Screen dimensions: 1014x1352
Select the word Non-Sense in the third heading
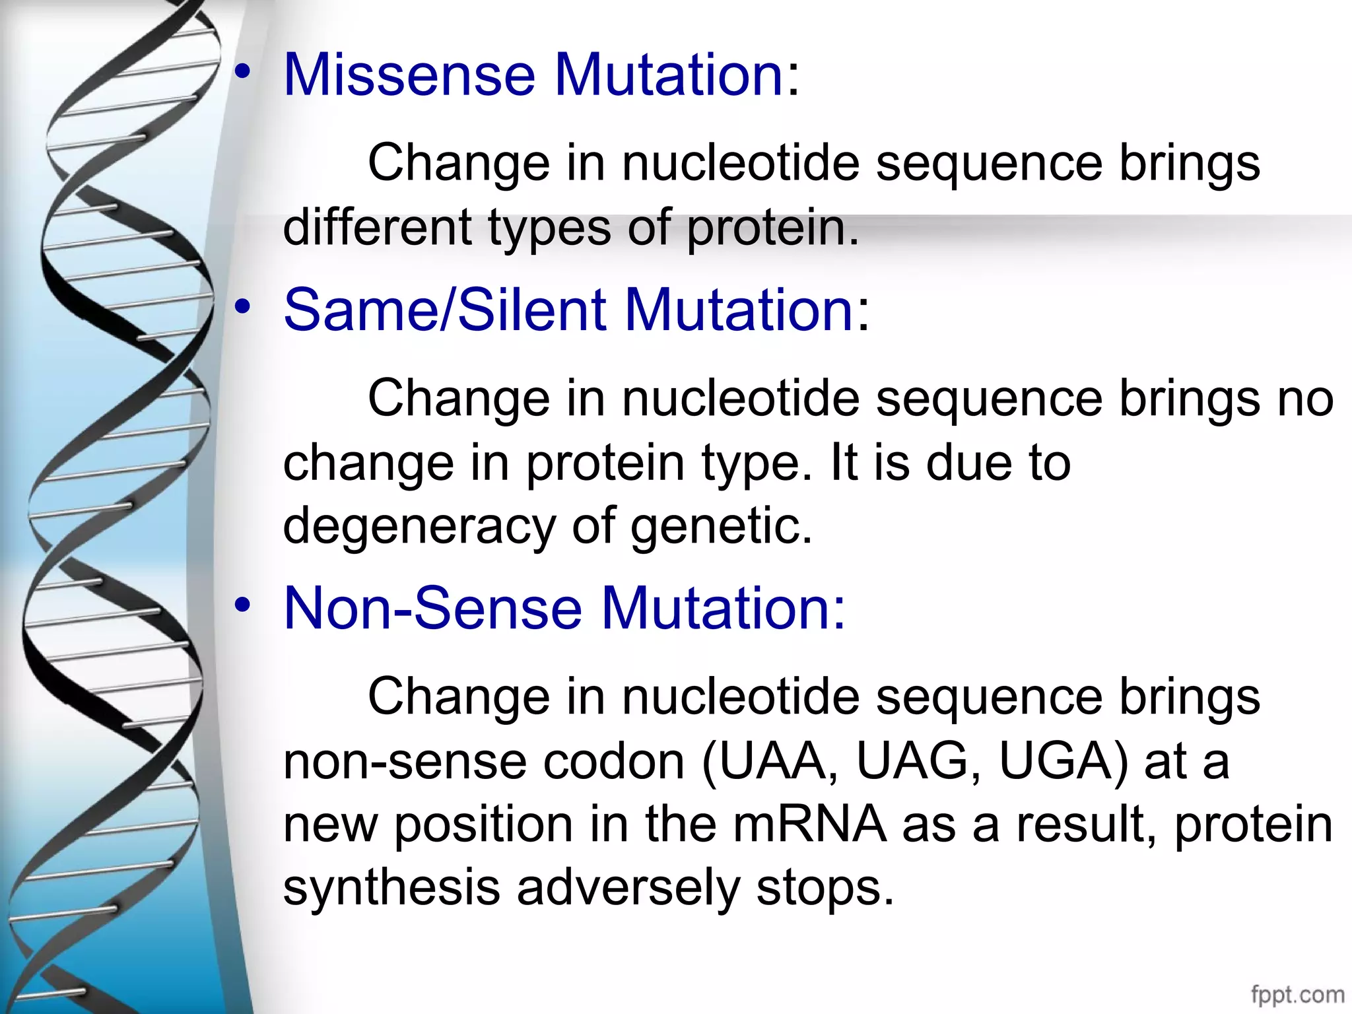[x=432, y=608]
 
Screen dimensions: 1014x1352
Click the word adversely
[x=628, y=889]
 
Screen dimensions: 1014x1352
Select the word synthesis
[x=391, y=889]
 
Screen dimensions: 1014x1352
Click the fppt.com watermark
[x=1297, y=994]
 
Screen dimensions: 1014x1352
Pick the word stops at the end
[x=825, y=889]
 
